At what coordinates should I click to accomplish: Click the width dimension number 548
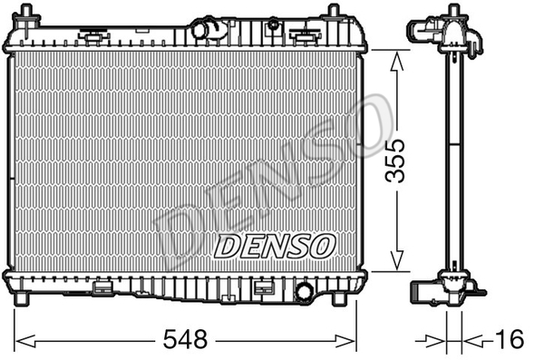click(x=185, y=339)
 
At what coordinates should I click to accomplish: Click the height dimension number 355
click(x=395, y=161)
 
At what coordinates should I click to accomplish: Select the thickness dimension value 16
click(x=510, y=339)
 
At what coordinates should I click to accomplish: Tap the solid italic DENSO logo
click(x=275, y=246)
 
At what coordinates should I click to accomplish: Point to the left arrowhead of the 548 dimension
click(x=25, y=341)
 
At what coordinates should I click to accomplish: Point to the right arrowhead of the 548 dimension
click(x=345, y=341)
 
